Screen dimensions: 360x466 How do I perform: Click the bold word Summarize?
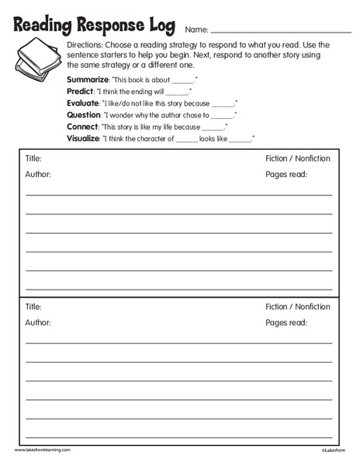tap(88, 80)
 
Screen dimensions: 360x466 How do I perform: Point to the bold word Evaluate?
tap(84, 103)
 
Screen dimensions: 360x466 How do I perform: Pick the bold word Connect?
tap(83, 126)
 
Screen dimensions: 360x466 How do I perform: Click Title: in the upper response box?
tap(33, 158)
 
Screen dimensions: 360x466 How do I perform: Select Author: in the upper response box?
tap(38, 175)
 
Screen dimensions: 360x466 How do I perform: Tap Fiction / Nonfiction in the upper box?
tap(297, 158)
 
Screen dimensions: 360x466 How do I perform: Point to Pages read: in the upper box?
tap(286, 175)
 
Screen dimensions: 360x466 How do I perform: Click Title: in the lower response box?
tap(33, 307)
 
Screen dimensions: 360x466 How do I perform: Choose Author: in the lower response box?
tap(38, 322)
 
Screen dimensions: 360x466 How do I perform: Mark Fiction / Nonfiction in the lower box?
tap(297, 307)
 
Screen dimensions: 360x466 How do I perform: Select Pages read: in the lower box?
tap(286, 322)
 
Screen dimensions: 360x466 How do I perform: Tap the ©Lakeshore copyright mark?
tap(331, 450)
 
